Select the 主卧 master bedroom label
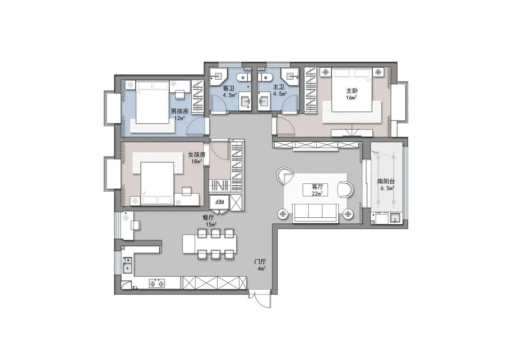(351, 90)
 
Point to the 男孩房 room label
(180, 111)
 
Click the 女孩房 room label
(197, 154)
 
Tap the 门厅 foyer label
(260, 262)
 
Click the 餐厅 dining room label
(209, 218)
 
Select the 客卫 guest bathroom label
(229, 88)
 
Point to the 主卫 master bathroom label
(279, 87)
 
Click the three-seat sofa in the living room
(315, 213)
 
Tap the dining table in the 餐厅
(209, 244)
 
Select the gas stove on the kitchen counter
(157, 284)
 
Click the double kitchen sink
(127, 264)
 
